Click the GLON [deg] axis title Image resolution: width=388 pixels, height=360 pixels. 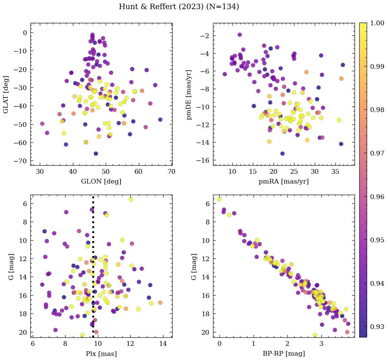(x=101, y=182)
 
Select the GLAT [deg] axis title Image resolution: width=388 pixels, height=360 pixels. (x=6, y=94)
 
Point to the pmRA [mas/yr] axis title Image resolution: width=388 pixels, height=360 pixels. (x=283, y=182)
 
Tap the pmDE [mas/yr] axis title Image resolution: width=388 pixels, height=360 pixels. (x=189, y=94)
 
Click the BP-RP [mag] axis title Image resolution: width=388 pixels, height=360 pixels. (x=283, y=354)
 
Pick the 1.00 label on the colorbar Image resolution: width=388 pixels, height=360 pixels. (x=377, y=23)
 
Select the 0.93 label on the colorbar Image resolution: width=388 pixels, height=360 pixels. (x=377, y=327)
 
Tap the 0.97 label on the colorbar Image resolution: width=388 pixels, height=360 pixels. (x=377, y=153)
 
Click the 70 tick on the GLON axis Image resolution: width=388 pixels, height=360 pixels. (x=171, y=172)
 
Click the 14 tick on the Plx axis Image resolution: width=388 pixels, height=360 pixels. (x=163, y=344)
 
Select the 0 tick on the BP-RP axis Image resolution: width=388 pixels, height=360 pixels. (x=219, y=344)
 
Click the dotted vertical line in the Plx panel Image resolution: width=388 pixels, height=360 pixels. (x=93, y=270)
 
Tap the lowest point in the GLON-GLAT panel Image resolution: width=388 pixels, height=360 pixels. (x=96, y=154)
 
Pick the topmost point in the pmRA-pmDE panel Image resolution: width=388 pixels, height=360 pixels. (x=240, y=35)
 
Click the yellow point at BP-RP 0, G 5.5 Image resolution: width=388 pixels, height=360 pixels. (x=219, y=199)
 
